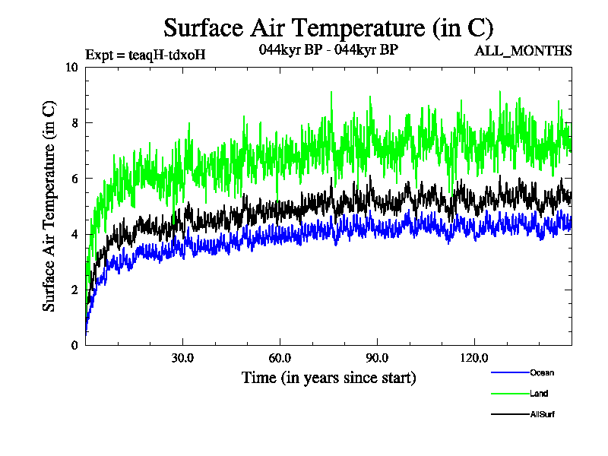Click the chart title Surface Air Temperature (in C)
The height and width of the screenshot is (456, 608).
(x=328, y=28)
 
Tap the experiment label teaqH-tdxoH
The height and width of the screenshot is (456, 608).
(x=145, y=54)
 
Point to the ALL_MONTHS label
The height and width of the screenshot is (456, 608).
(x=523, y=52)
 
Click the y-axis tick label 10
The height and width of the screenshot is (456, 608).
(x=72, y=67)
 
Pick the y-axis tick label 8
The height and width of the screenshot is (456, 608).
(x=74, y=122)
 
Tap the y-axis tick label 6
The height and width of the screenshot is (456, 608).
(x=74, y=179)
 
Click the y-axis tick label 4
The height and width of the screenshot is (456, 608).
(x=74, y=234)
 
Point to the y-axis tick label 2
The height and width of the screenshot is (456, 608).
(x=74, y=290)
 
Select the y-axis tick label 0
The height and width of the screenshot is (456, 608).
(x=74, y=345)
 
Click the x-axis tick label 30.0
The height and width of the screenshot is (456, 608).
(x=182, y=358)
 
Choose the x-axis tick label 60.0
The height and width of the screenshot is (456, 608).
(x=280, y=358)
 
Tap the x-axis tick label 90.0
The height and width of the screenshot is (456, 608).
(x=377, y=358)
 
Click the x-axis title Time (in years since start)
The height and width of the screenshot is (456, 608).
(x=328, y=378)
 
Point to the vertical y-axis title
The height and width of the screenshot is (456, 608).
(x=49, y=206)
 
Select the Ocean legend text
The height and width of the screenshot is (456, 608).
(x=542, y=372)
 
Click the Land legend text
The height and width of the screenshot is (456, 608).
(x=539, y=394)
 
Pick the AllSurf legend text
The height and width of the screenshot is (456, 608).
(x=543, y=414)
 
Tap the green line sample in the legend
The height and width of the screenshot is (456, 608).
(x=510, y=394)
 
